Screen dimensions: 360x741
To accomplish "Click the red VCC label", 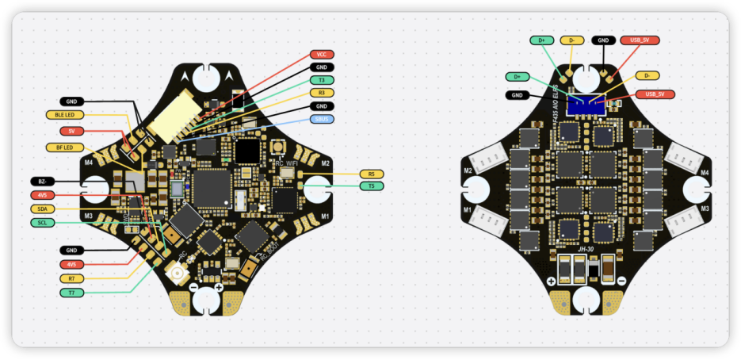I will [321, 54].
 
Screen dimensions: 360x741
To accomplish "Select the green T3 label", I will [321, 80].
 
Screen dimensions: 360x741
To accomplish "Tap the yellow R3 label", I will [321, 93].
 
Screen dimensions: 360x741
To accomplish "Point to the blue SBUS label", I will [321, 119].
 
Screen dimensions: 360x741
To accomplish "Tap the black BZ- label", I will [42, 181].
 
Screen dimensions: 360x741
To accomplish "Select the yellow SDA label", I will [42, 209].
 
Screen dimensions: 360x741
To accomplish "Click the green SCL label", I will [42, 223].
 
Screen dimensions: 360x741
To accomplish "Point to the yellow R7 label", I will [72, 278].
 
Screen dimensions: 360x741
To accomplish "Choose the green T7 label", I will [72, 293].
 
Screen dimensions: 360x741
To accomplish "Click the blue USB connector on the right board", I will [587, 105].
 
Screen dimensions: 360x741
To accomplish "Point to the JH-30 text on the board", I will [586, 248].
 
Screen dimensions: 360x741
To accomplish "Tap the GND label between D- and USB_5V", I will [603, 40].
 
